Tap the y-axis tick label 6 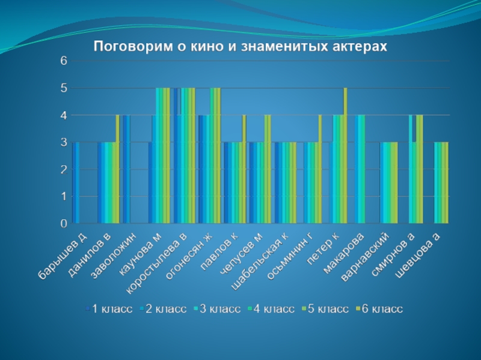click(x=63, y=61)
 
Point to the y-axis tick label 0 click(x=63, y=223)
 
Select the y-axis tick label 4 click(x=63, y=115)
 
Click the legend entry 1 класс click(x=112, y=309)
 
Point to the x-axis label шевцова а click(x=418, y=256)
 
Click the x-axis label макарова click(x=345, y=253)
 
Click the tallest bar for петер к click(x=345, y=155)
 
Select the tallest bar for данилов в click(x=118, y=169)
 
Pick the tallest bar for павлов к click(x=244, y=169)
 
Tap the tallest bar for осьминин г click(x=320, y=169)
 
